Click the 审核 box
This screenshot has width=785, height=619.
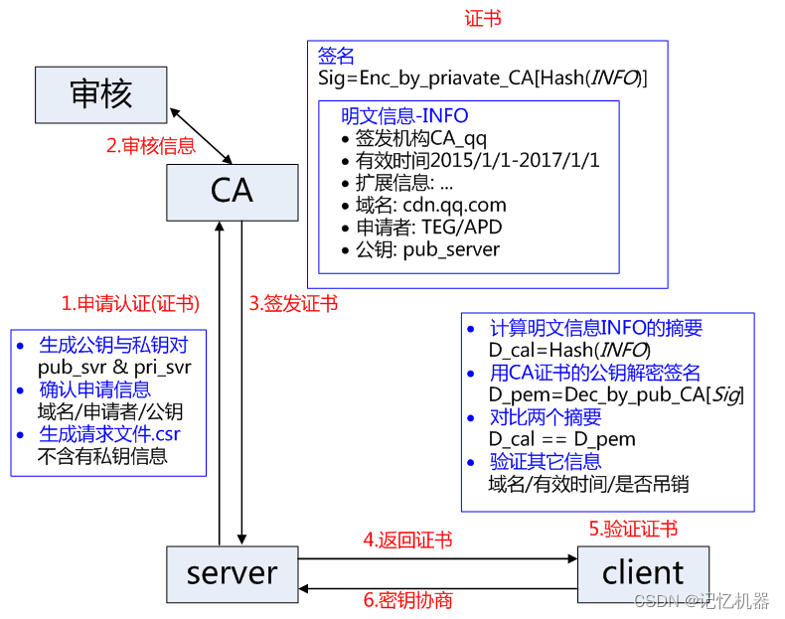(100, 93)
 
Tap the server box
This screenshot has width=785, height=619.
(232, 572)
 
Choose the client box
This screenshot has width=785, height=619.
(643, 572)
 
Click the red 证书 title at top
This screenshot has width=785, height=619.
(483, 19)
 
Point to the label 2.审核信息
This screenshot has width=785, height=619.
(151, 146)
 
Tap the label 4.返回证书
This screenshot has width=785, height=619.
(407, 541)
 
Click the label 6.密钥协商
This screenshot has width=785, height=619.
(407, 600)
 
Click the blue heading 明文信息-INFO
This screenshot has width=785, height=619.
(404, 116)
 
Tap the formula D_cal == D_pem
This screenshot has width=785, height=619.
(561, 439)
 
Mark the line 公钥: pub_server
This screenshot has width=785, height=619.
(427, 249)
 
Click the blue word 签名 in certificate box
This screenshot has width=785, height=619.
(336, 56)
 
